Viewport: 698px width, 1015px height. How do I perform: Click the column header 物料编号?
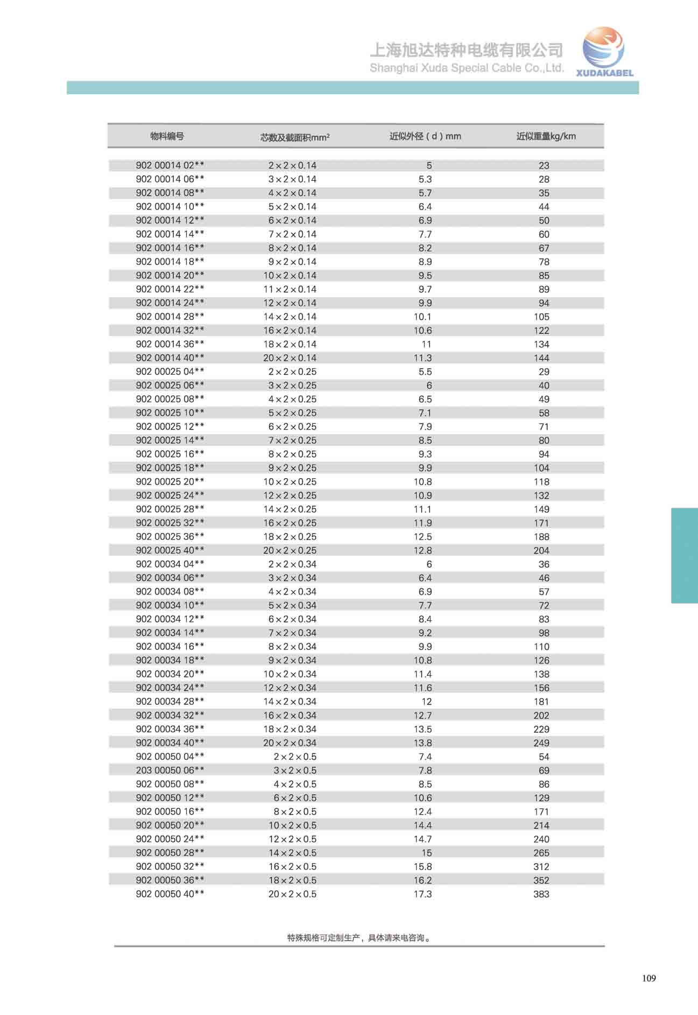[x=167, y=136]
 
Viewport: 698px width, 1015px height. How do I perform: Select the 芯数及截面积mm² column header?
[x=294, y=137]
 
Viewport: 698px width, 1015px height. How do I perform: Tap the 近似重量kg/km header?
[x=546, y=136]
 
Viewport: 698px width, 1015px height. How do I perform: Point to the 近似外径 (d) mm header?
[x=425, y=136]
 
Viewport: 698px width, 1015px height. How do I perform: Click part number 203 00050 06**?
[x=170, y=770]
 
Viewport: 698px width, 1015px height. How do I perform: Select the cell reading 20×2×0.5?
[x=292, y=894]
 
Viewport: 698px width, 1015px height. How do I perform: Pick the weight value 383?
[x=541, y=894]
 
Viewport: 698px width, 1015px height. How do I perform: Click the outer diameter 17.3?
[x=422, y=894]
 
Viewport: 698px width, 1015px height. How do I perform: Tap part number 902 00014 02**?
[x=170, y=165]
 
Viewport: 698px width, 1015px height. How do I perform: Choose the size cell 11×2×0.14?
[x=290, y=289]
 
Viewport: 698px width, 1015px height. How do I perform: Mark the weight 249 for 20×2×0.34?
[x=541, y=743]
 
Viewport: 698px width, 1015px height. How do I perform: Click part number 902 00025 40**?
[x=170, y=550]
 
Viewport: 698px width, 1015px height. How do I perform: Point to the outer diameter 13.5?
[x=422, y=729]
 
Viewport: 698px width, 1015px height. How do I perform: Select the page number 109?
[x=648, y=978]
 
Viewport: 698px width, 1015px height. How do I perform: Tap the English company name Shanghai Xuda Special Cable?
[x=467, y=68]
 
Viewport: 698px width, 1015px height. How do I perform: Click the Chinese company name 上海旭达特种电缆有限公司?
[x=466, y=50]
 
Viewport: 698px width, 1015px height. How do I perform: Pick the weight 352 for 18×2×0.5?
[x=541, y=880]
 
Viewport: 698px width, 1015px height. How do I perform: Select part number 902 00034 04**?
[x=170, y=564]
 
